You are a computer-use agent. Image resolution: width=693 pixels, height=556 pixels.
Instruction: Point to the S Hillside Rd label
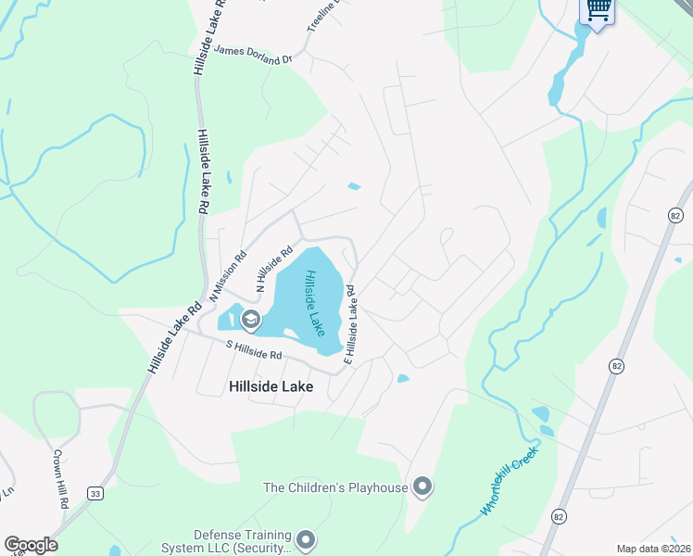(x=254, y=349)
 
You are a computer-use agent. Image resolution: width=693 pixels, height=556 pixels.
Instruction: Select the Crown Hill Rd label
(x=59, y=478)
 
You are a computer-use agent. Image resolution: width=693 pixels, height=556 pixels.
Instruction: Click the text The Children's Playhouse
(x=335, y=486)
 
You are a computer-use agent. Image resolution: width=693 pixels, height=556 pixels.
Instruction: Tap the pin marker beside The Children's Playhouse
(x=422, y=486)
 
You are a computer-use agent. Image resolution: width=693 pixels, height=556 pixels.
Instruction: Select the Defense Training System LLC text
(x=242, y=535)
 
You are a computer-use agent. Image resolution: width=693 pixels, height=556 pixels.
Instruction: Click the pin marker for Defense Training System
(x=307, y=537)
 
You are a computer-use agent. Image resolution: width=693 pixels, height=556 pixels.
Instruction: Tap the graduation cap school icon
(x=249, y=321)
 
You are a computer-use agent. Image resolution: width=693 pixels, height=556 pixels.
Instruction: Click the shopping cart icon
(x=598, y=10)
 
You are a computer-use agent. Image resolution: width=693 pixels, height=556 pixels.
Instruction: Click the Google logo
(x=31, y=545)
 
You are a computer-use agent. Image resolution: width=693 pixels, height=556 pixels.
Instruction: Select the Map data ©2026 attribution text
(x=653, y=549)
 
